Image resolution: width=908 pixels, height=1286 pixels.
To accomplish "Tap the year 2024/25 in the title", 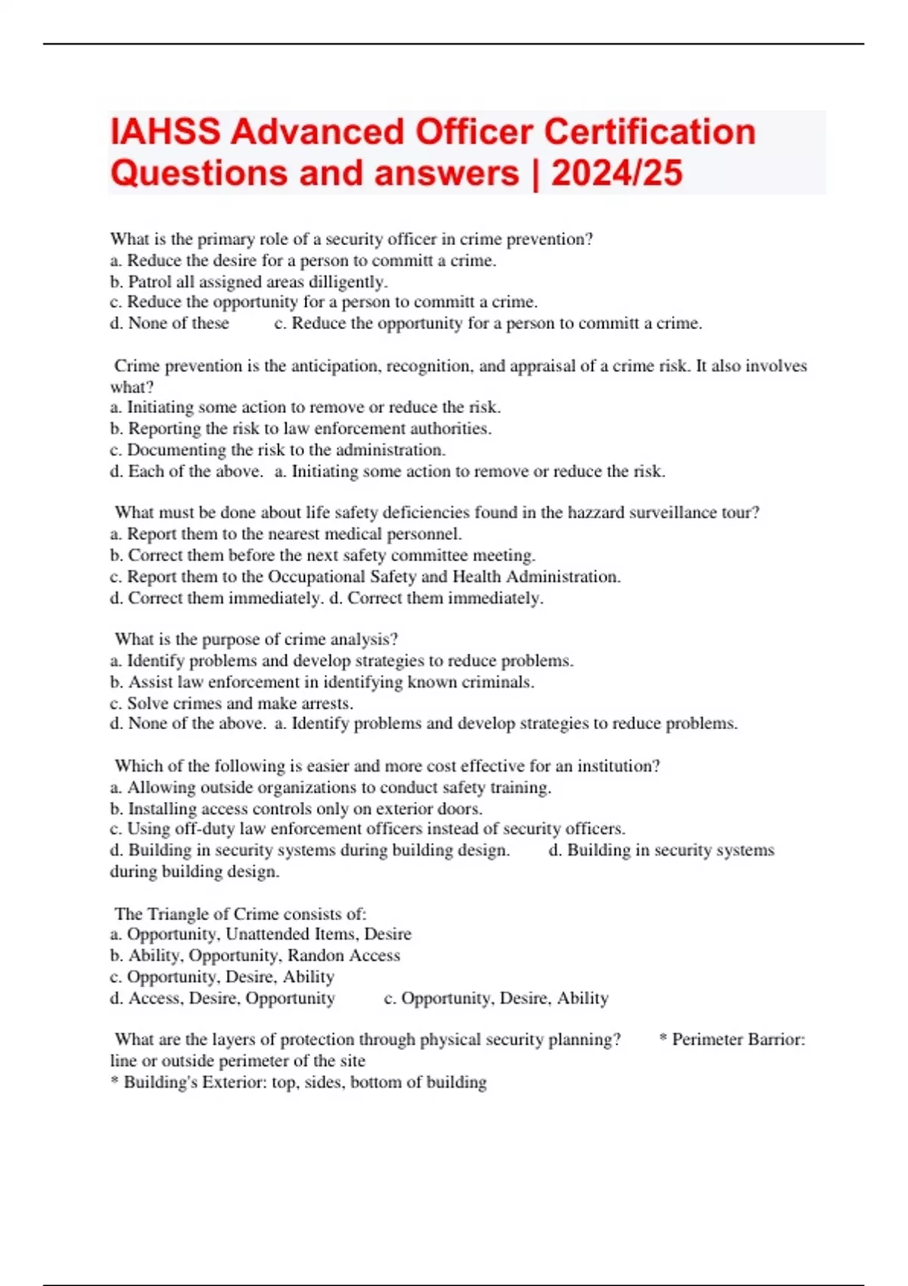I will [x=617, y=173].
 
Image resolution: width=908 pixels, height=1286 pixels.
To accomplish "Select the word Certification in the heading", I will [x=650, y=132].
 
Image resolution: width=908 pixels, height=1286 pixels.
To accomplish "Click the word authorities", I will [x=450, y=429].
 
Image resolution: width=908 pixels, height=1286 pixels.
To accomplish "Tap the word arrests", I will [x=327, y=704].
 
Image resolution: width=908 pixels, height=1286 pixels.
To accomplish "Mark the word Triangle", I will [x=179, y=914].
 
